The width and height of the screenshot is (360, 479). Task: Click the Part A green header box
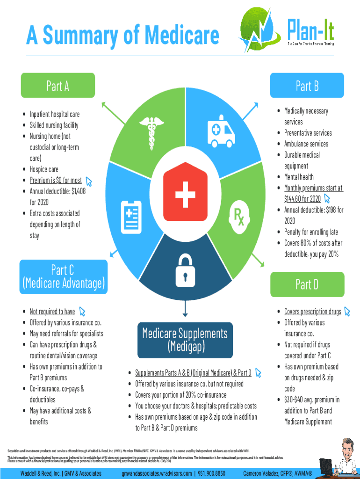[x=58, y=86]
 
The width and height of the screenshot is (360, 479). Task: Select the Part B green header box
[x=307, y=86]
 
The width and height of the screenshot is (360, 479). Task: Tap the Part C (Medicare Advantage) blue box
[x=63, y=276]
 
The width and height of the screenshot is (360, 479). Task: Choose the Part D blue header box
[x=307, y=284]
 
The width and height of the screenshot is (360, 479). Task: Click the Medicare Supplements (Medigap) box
[x=185, y=340]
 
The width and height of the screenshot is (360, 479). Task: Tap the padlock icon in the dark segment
[x=185, y=270]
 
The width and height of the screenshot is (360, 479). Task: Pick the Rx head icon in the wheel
[x=241, y=218]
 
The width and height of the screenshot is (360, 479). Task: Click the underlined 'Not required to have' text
[x=52, y=312]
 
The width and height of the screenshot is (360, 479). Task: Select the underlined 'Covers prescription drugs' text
[x=312, y=312]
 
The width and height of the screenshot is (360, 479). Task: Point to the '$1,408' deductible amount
[x=76, y=191]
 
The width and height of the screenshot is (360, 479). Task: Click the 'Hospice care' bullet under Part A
[x=44, y=169]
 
